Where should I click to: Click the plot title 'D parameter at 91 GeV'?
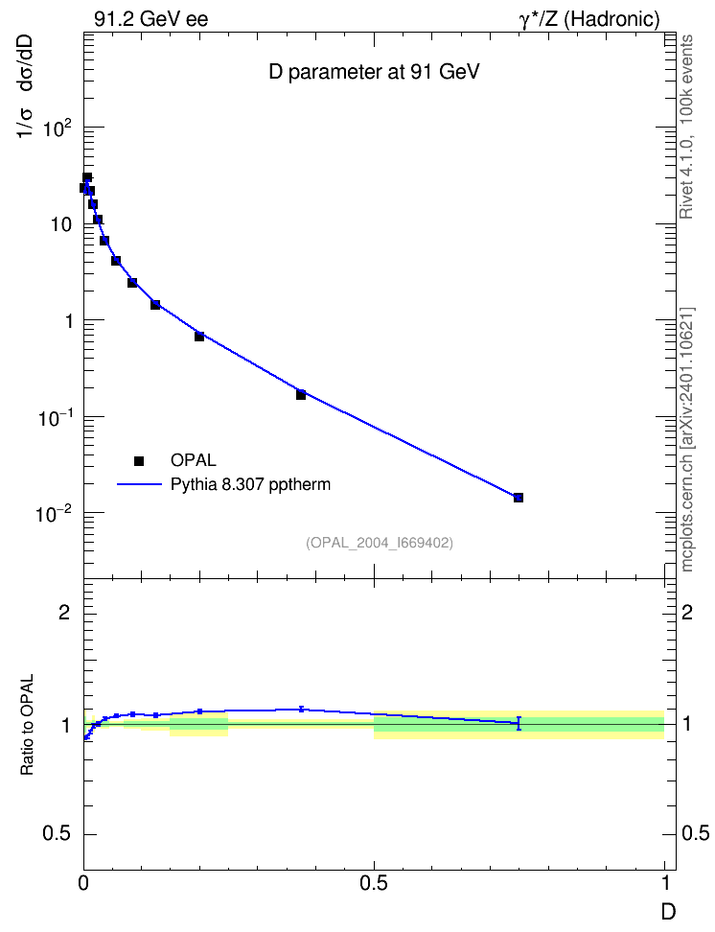374,72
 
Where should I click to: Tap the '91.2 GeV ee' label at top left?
151,19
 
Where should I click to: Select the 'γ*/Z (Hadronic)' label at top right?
589,19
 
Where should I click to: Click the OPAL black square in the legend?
139,460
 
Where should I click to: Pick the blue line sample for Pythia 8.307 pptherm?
139,484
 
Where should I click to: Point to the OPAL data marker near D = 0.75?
519,498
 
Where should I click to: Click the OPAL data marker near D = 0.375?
301,395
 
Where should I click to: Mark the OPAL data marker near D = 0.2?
199,337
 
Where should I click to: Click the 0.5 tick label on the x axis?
373,883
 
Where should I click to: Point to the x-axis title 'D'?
669,912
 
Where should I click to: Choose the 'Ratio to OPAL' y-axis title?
27,725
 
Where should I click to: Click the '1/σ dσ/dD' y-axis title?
26,87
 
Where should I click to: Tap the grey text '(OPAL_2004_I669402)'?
380,543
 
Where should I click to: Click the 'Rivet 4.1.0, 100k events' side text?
686,127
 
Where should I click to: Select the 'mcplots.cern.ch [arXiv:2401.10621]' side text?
686,440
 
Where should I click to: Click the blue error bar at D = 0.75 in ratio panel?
519,723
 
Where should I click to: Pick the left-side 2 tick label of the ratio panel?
64,612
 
